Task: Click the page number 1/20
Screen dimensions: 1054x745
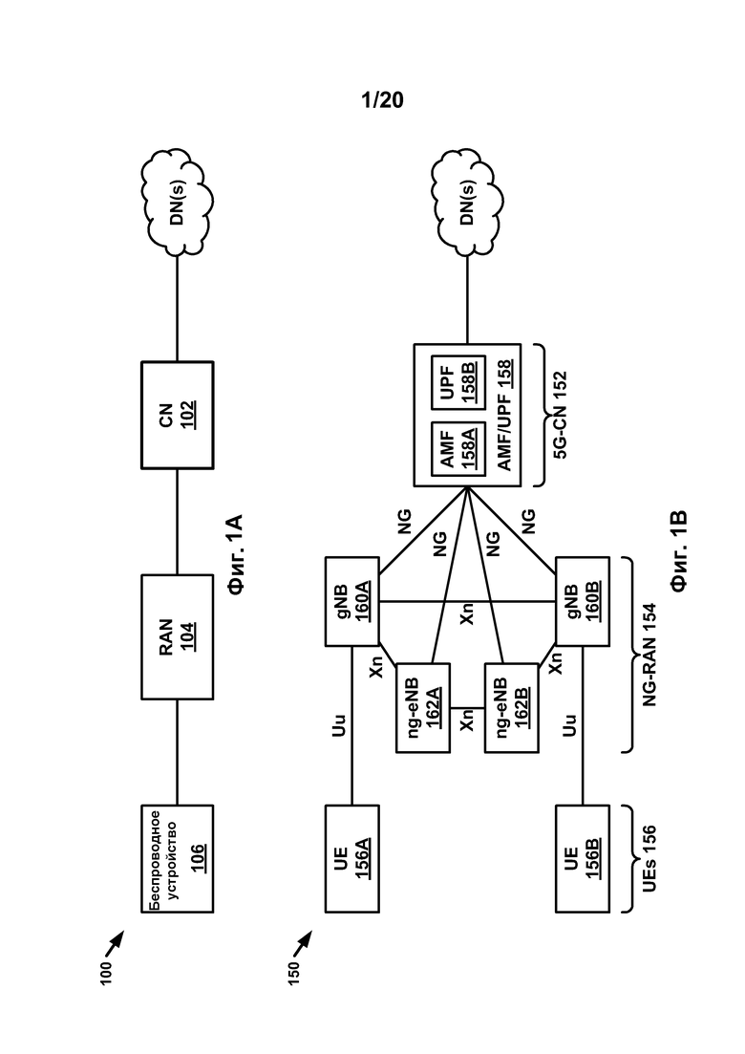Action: [383, 99]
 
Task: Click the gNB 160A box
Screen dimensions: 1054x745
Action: [352, 601]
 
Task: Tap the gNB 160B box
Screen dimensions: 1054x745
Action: [581, 601]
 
